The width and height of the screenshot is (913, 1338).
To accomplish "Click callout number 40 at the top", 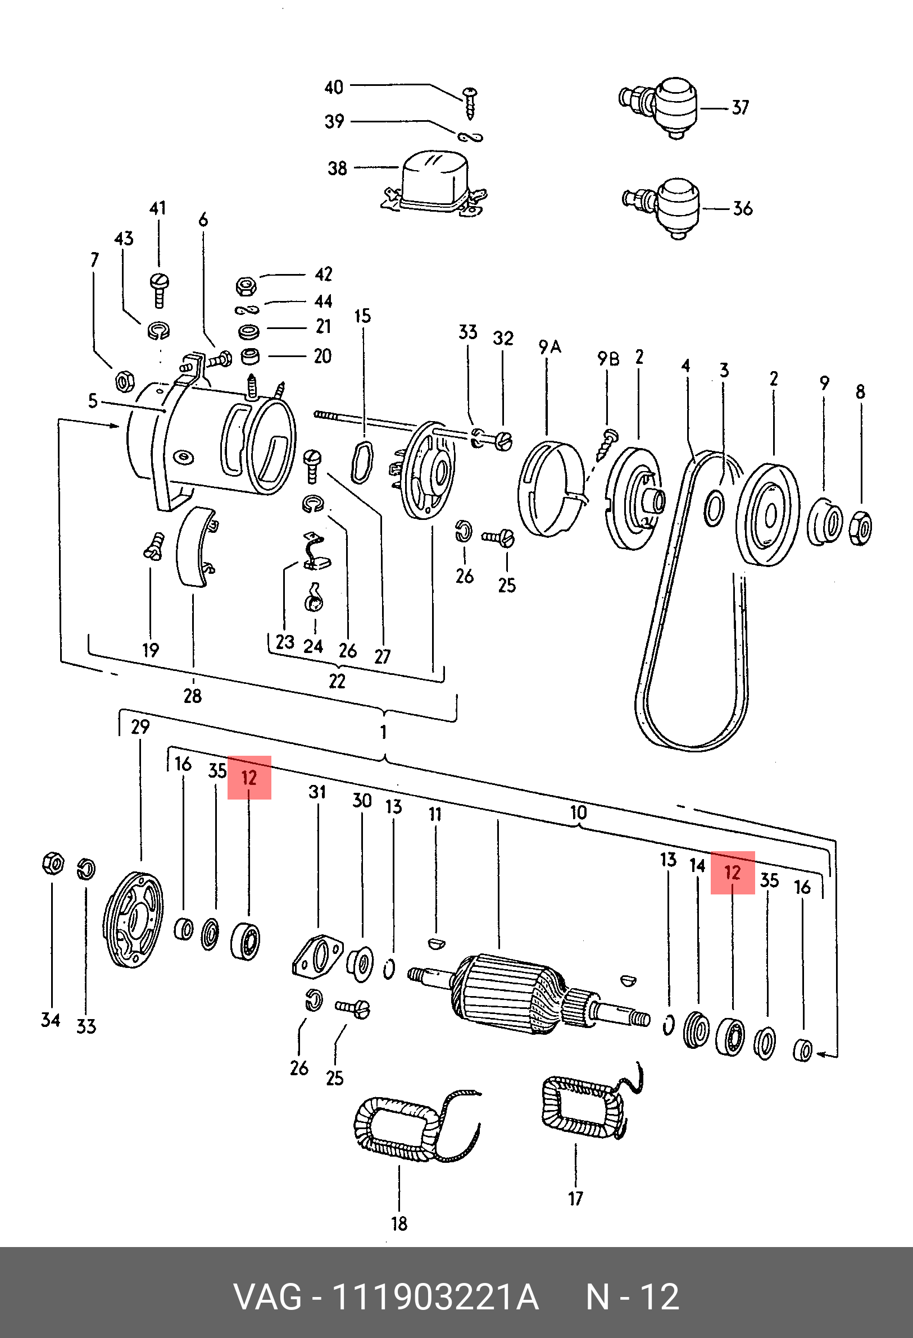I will (x=334, y=88).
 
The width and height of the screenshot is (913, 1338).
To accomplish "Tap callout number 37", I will (x=740, y=108).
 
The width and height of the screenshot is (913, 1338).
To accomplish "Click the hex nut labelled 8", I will (x=861, y=526).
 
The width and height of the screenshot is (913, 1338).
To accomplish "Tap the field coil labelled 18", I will (x=403, y=1129).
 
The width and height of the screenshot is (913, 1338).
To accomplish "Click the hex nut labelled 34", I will (x=53, y=864).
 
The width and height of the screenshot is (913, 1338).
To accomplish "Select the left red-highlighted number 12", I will (x=249, y=778).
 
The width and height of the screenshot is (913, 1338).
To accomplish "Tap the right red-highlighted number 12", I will (x=732, y=873).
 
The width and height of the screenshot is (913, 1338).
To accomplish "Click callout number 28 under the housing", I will (x=192, y=696).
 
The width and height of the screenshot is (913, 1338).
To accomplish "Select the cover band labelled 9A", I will (x=550, y=490).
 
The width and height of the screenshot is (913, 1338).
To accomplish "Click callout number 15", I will (x=362, y=316).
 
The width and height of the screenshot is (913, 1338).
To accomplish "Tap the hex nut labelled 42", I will (x=246, y=285).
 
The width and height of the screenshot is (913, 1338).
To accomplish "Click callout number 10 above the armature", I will (x=578, y=812).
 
